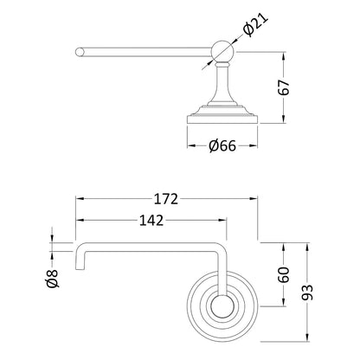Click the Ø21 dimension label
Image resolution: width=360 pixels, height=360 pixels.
pyautogui.click(x=256, y=24)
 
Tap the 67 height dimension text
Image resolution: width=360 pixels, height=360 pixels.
pyautogui.click(x=284, y=87)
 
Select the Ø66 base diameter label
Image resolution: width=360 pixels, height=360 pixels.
pyautogui.click(x=222, y=146)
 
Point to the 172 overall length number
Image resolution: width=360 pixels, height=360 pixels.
pyautogui.click(x=166, y=199)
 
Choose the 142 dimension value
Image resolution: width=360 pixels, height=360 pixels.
pyautogui.click(x=151, y=221)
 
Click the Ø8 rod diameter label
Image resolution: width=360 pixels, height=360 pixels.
pyautogui.click(x=52, y=279)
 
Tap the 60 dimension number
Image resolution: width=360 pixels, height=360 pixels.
pyautogui.click(x=284, y=274)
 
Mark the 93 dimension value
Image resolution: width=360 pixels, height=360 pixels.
pyautogui.click(x=307, y=292)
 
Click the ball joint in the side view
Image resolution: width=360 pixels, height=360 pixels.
pyautogui.click(x=222, y=51)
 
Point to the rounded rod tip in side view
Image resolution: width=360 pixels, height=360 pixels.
pyautogui.click(x=79, y=52)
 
